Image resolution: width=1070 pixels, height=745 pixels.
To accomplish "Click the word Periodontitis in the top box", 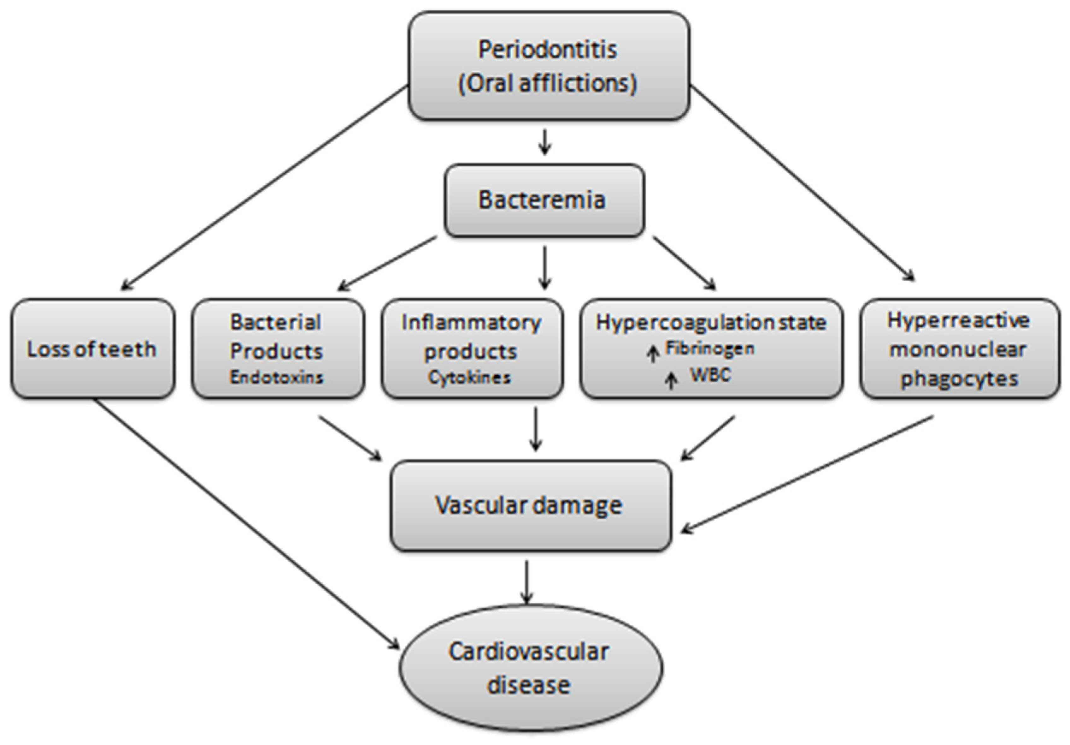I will [548, 50].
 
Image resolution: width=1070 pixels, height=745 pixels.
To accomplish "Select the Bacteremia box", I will [544, 200].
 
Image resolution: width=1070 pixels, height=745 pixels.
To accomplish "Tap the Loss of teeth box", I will [92, 349].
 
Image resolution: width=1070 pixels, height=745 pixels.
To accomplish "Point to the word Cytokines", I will [469, 377].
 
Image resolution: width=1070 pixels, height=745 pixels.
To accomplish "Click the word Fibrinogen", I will [709, 348].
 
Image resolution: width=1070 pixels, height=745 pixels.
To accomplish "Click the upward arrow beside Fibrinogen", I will [653, 354].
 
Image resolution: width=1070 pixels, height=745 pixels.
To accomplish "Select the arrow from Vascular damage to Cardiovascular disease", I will [526, 582].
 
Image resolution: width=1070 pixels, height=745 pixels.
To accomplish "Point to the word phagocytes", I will [959, 378].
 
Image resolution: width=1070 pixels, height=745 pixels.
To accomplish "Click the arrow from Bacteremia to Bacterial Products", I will [387, 264].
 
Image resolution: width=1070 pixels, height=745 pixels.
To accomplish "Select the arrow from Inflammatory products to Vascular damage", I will [536, 428].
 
